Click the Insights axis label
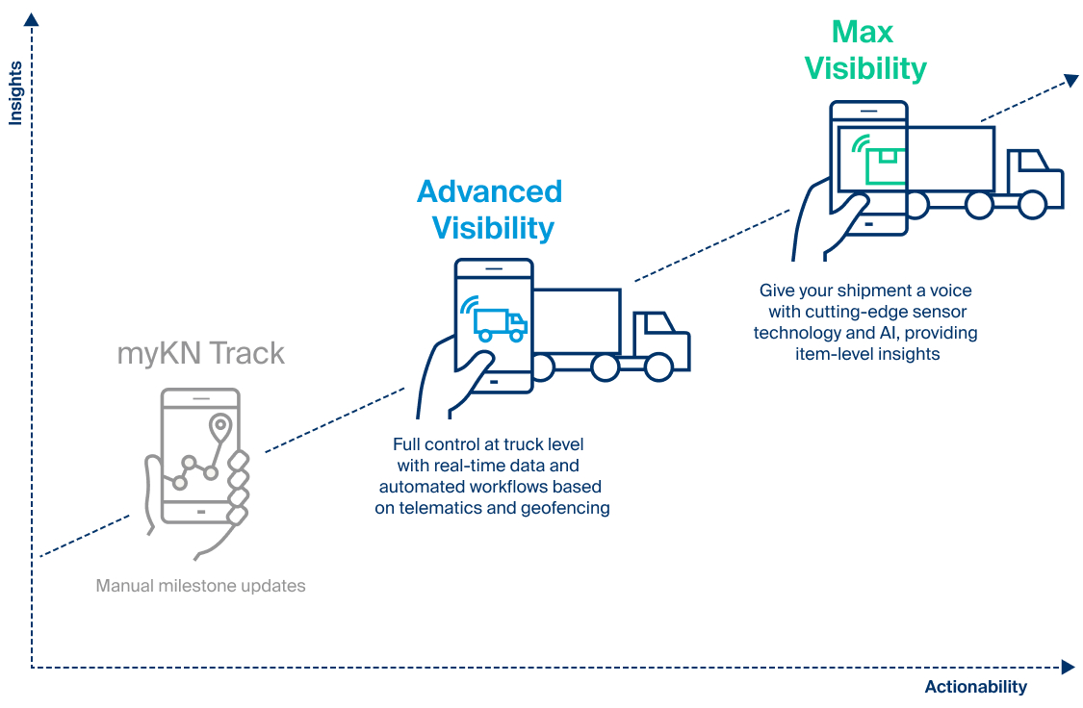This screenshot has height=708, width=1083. pyautogui.click(x=15, y=93)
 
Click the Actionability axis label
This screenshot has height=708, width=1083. pyautogui.click(x=975, y=687)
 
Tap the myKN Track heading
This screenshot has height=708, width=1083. pyautogui.click(x=200, y=353)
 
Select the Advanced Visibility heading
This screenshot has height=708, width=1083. pyautogui.click(x=490, y=210)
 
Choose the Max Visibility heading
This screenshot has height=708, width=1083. pyautogui.click(x=864, y=50)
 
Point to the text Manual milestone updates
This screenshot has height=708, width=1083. pyautogui.click(x=200, y=585)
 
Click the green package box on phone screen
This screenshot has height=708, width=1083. pyautogui.click(x=884, y=164)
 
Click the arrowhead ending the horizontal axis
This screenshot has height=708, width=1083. pyautogui.click(x=1068, y=667)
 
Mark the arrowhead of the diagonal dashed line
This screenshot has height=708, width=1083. pyautogui.click(x=1070, y=81)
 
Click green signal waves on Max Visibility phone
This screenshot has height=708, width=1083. pyautogui.click(x=856, y=144)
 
